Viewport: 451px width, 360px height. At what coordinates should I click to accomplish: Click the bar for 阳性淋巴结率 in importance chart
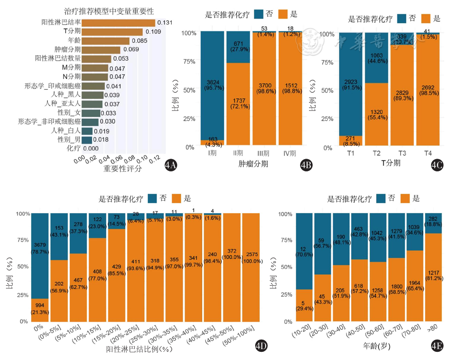(x=118, y=23)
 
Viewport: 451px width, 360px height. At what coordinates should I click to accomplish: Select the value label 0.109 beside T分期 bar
(x=153, y=32)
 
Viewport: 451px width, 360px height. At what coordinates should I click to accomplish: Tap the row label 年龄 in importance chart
(x=74, y=41)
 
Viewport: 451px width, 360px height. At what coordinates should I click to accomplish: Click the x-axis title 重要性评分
(x=122, y=169)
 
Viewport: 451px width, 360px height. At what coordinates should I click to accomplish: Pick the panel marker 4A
(x=171, y=166)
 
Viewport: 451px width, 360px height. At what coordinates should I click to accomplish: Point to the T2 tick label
(x=376, y=153)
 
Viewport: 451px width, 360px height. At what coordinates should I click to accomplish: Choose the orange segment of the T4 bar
(x=428, y=91)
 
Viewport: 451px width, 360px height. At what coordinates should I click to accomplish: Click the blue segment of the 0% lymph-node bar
(x=39, y=254)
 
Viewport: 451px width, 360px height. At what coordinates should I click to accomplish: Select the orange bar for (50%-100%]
(x=251, y=268)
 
